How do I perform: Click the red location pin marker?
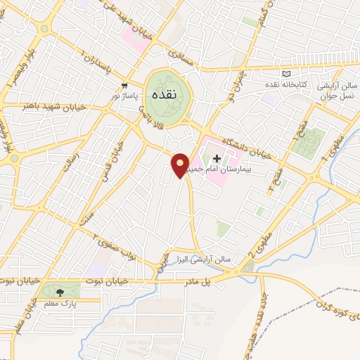pyautogui.click(x=181, y=165)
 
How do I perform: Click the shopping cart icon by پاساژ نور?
pyautogui.click(x=124, y=85)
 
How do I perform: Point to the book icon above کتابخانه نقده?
pyautogui.click(x=285, y=74)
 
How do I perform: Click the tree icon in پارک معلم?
pyautogui.click(x=59, y=291)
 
